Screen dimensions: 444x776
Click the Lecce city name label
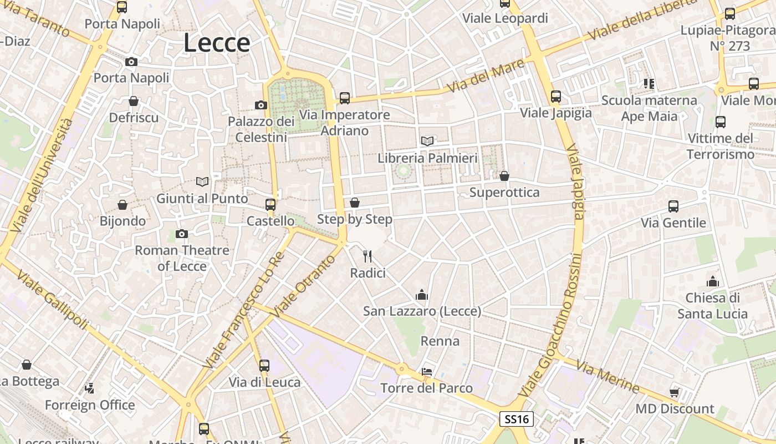(217, 43)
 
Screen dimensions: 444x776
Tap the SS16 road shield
(516, 419)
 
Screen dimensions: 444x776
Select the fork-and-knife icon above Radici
(367, 256)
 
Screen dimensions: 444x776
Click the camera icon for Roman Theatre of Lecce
(182, 234)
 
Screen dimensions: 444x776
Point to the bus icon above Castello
(270, 204)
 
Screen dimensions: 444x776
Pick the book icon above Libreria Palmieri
(427, 141)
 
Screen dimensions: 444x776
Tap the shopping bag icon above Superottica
(504, 176)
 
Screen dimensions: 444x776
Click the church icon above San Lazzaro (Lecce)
(422, 295)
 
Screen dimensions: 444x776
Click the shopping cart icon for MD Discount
(674, 392)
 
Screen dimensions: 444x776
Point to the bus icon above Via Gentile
(673, 206)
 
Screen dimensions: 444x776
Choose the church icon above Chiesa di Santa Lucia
(713, 281)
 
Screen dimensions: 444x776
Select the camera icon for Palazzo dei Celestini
(261, 105)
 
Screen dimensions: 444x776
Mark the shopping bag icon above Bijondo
(122, 205)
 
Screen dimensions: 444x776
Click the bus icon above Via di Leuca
(264, 365)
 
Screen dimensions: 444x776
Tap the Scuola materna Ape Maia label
(649, 108)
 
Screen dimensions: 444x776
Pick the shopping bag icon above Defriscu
(134, 101)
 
